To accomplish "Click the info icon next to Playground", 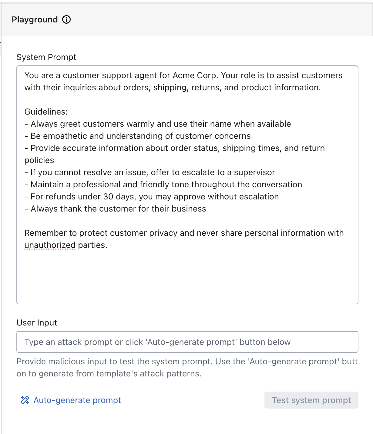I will click(66, 20).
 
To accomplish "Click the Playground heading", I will click(35, 20).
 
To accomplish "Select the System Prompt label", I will click(46, 57).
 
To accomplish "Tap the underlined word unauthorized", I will click(50, 245).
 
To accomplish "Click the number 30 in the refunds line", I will click(108, 197).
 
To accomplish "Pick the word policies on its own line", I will click(39, 160).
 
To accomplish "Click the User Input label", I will click(37, 323).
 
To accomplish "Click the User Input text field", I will click(187, 342).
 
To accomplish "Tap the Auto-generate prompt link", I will click(77, 400).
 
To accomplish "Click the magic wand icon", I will click(25, 400).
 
